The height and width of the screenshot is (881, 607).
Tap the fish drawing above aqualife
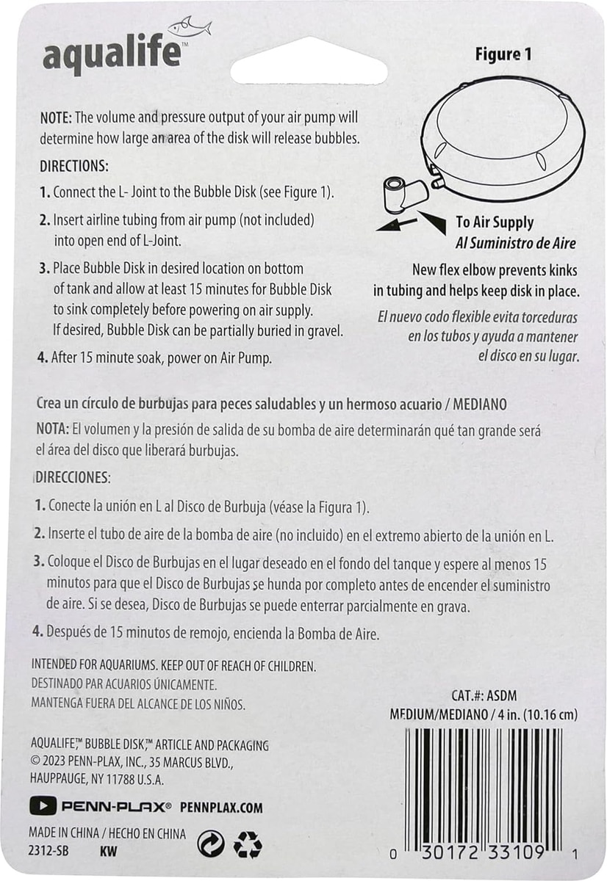point(190,27)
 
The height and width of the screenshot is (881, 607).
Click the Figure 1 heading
point(503,54)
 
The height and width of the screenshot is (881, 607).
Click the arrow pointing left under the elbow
point(396,225)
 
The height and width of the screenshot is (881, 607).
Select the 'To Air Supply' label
point(495,222)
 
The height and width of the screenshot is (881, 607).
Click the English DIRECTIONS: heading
point(74,166)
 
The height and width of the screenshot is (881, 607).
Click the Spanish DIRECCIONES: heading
point(73,477)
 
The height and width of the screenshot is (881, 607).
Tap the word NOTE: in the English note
point(56,117)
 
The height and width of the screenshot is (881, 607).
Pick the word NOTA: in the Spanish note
point(53,429)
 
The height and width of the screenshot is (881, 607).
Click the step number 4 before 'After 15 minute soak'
point(43,358)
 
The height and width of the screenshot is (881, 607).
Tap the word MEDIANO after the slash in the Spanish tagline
point(479,405)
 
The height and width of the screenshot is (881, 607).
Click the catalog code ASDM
point(501,696)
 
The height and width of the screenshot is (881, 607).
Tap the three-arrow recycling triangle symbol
point(248,844)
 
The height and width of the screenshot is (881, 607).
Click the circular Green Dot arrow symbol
point(211,844)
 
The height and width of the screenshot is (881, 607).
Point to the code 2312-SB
point(49,851)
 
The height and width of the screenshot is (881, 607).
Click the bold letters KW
point(108,852)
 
